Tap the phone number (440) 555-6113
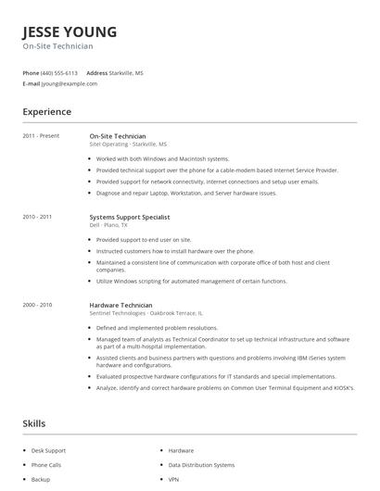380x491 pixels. [60, 72]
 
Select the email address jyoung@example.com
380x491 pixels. [70, 83]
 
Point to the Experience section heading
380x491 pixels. [47, 112]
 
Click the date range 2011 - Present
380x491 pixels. [41, 136]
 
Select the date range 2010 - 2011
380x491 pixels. [37, 217]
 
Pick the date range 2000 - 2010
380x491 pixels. [37, 305]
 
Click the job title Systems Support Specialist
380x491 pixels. [130, 217]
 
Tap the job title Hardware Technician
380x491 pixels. [120, 305]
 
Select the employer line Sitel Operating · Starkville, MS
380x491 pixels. [128, 145]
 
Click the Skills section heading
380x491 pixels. [34, 423]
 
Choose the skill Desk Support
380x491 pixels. [49, 450]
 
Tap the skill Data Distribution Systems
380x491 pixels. [201, 465]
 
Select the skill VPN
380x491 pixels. [174, 480]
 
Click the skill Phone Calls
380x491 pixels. [46, 465]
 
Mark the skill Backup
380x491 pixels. [41, 480]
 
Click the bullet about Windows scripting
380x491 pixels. [192, 281]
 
